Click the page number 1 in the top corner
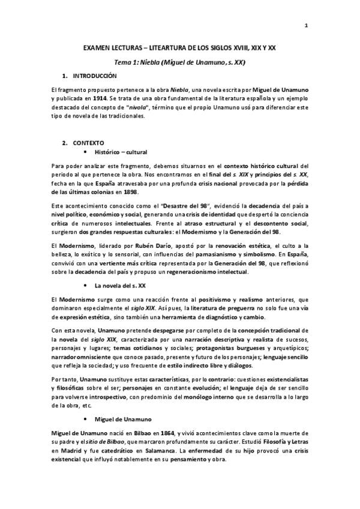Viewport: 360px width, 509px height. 307,25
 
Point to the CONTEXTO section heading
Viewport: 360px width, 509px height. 88,143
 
